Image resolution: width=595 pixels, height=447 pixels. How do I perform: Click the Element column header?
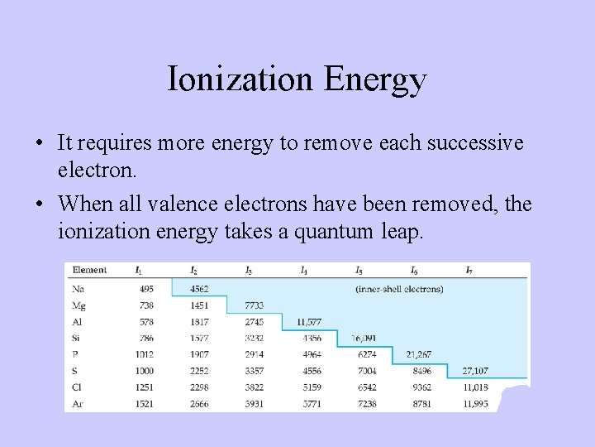coord(89,270)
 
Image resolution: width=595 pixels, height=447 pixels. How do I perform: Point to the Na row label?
coord(79,289)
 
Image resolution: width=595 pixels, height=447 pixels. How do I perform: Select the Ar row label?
coord(79,403)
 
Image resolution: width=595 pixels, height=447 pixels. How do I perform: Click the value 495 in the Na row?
coord(146,289)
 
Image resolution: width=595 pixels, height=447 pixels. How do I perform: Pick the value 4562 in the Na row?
coord(198,289)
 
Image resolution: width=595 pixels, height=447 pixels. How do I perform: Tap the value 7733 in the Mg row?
coord(254,305)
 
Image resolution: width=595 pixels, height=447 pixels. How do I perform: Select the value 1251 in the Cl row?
coord(145,387)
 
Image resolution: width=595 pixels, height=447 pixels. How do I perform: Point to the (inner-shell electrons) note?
coord(399,289)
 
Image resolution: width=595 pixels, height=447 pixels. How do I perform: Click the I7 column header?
coord(469,270)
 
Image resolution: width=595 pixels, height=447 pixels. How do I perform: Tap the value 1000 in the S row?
coord(145,371)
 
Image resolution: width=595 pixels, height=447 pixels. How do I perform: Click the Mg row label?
coord(80,305)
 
